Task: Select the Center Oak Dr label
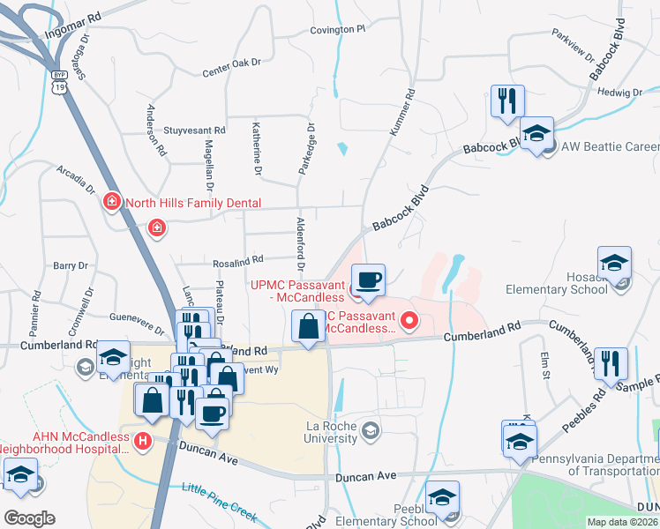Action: click(232, 67)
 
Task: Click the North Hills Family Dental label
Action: click(193, 203)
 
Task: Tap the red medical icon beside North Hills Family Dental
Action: click(111, 202)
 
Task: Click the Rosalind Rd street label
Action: click(237, 260)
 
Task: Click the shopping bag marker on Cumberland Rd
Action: click(308, 328)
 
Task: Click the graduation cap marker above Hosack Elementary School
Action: click(614, 264)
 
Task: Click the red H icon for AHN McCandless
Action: click(140, 439)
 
